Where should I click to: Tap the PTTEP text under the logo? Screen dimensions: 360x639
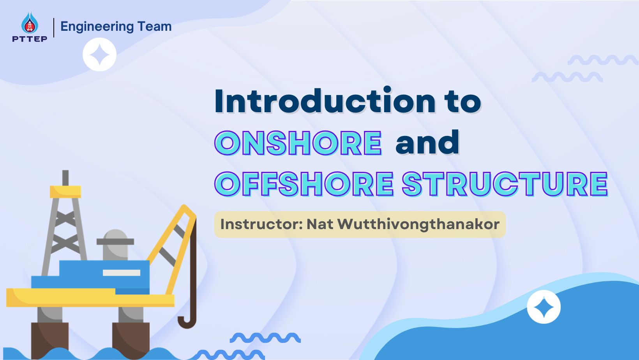pos(30,39)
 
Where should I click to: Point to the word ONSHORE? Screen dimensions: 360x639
pos(298,143)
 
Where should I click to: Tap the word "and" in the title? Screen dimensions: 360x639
pos(427,143)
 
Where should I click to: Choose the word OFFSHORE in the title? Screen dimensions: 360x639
pos(304,184)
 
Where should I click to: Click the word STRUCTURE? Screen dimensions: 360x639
pos(505,184)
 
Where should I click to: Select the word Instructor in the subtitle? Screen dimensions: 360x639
pos(261,224)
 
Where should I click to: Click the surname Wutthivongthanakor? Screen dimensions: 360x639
pos(418,224)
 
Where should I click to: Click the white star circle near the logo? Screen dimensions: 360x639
pos(99,55)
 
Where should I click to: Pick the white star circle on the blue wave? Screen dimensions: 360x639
pos(544,307)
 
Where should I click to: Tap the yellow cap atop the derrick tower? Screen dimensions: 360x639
pos(65,191)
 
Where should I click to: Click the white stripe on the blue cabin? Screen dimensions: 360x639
pos(121,273)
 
